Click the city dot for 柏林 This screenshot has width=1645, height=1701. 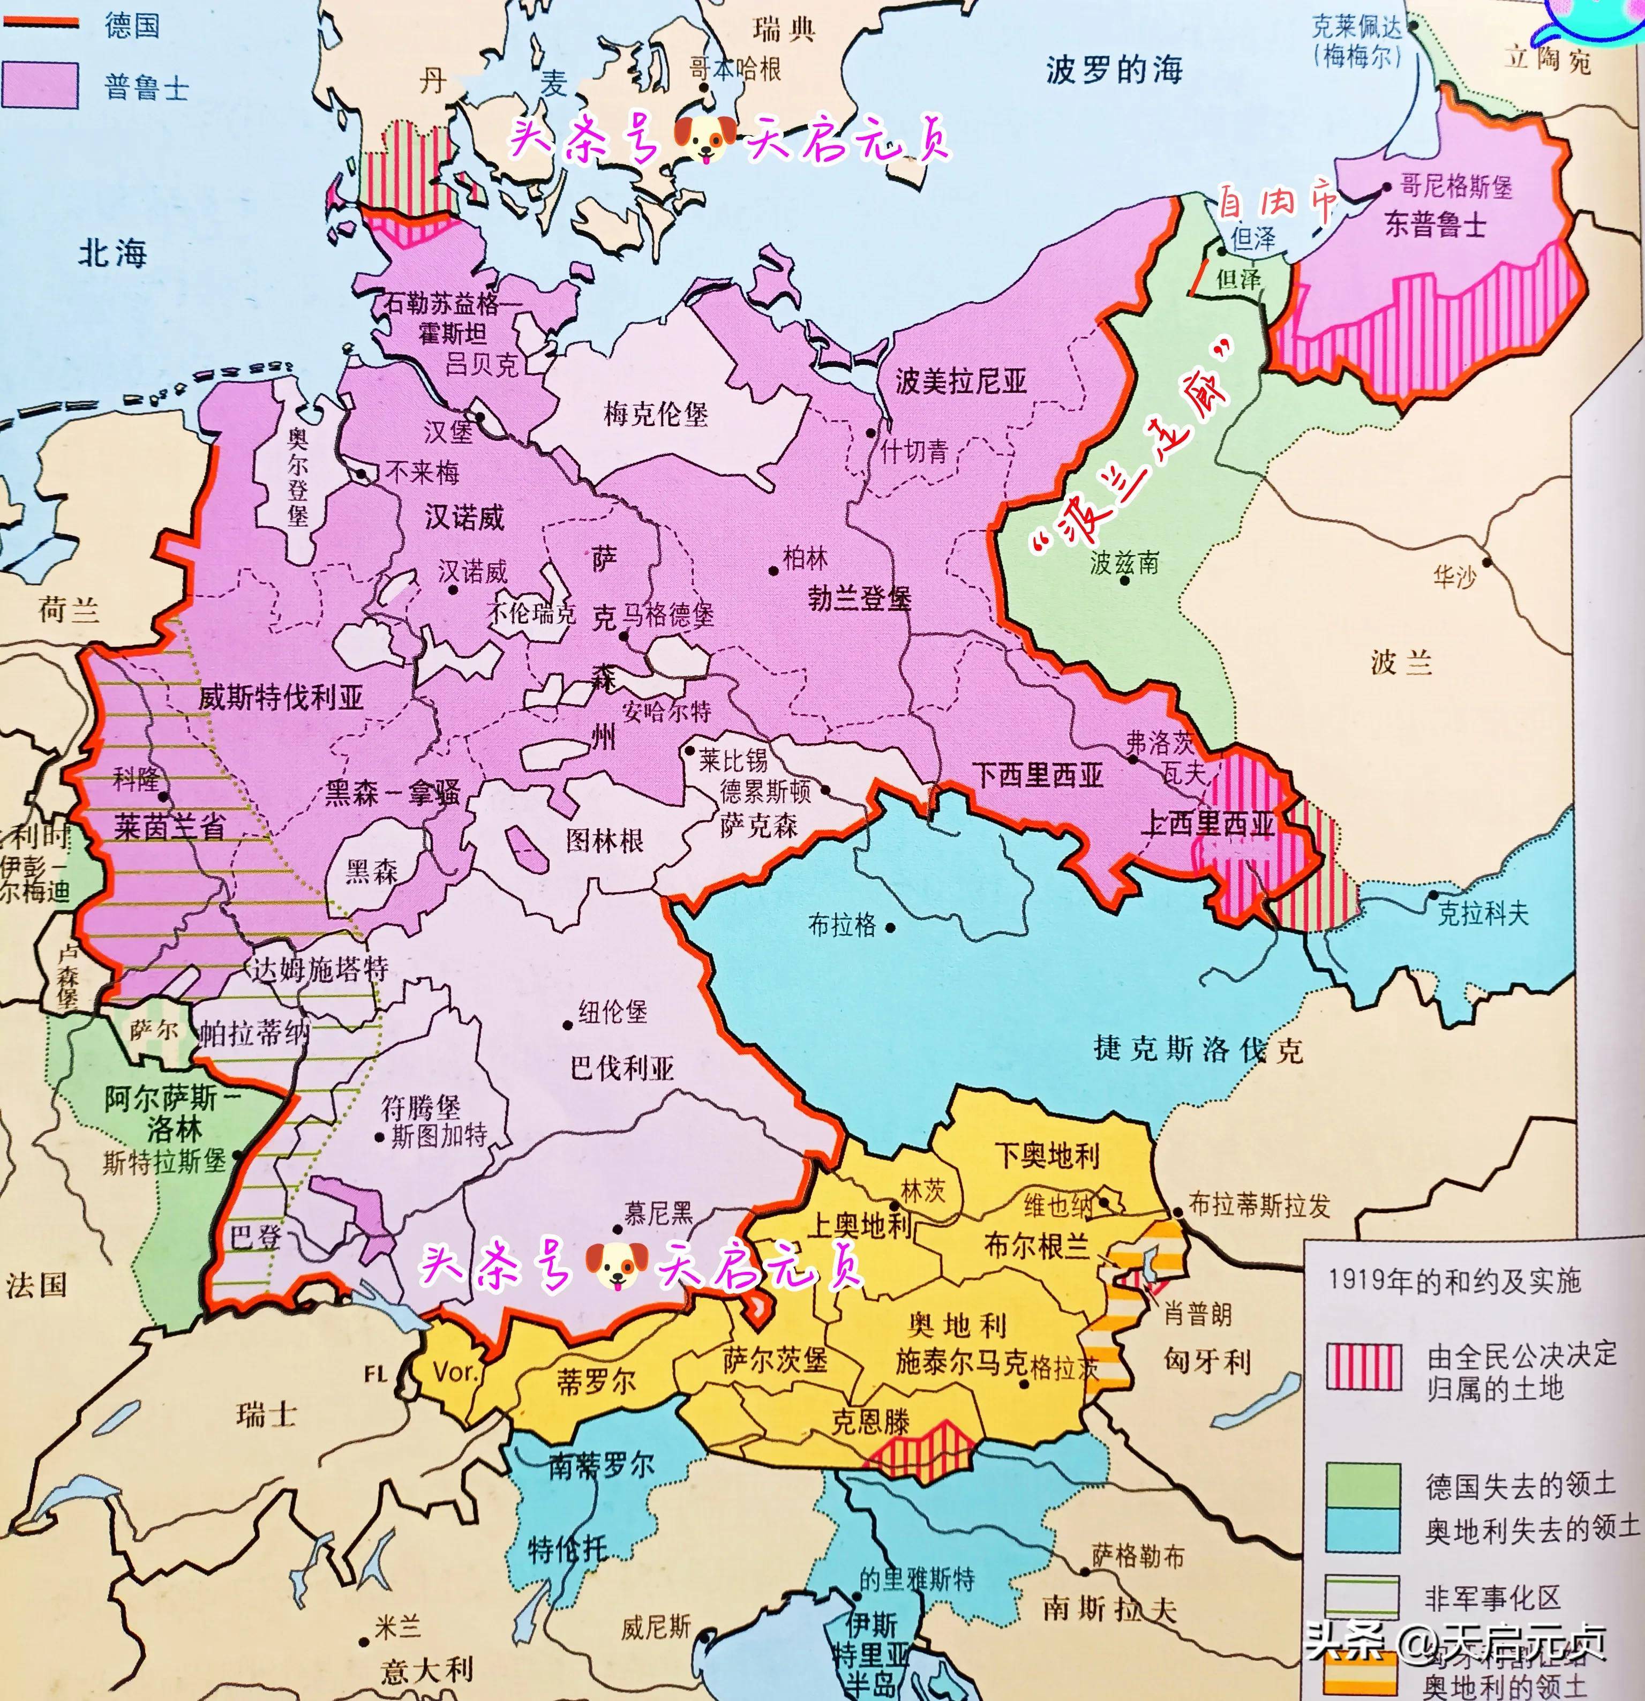click(x=773, y=570)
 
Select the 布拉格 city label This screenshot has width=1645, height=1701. click(x=842, y=925)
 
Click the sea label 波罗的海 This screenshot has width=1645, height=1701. click(x=1114, y=70)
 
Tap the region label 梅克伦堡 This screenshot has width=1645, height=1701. click(x=656, y=414)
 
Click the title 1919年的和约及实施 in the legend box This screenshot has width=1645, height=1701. click(x=1454, y=1280)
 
